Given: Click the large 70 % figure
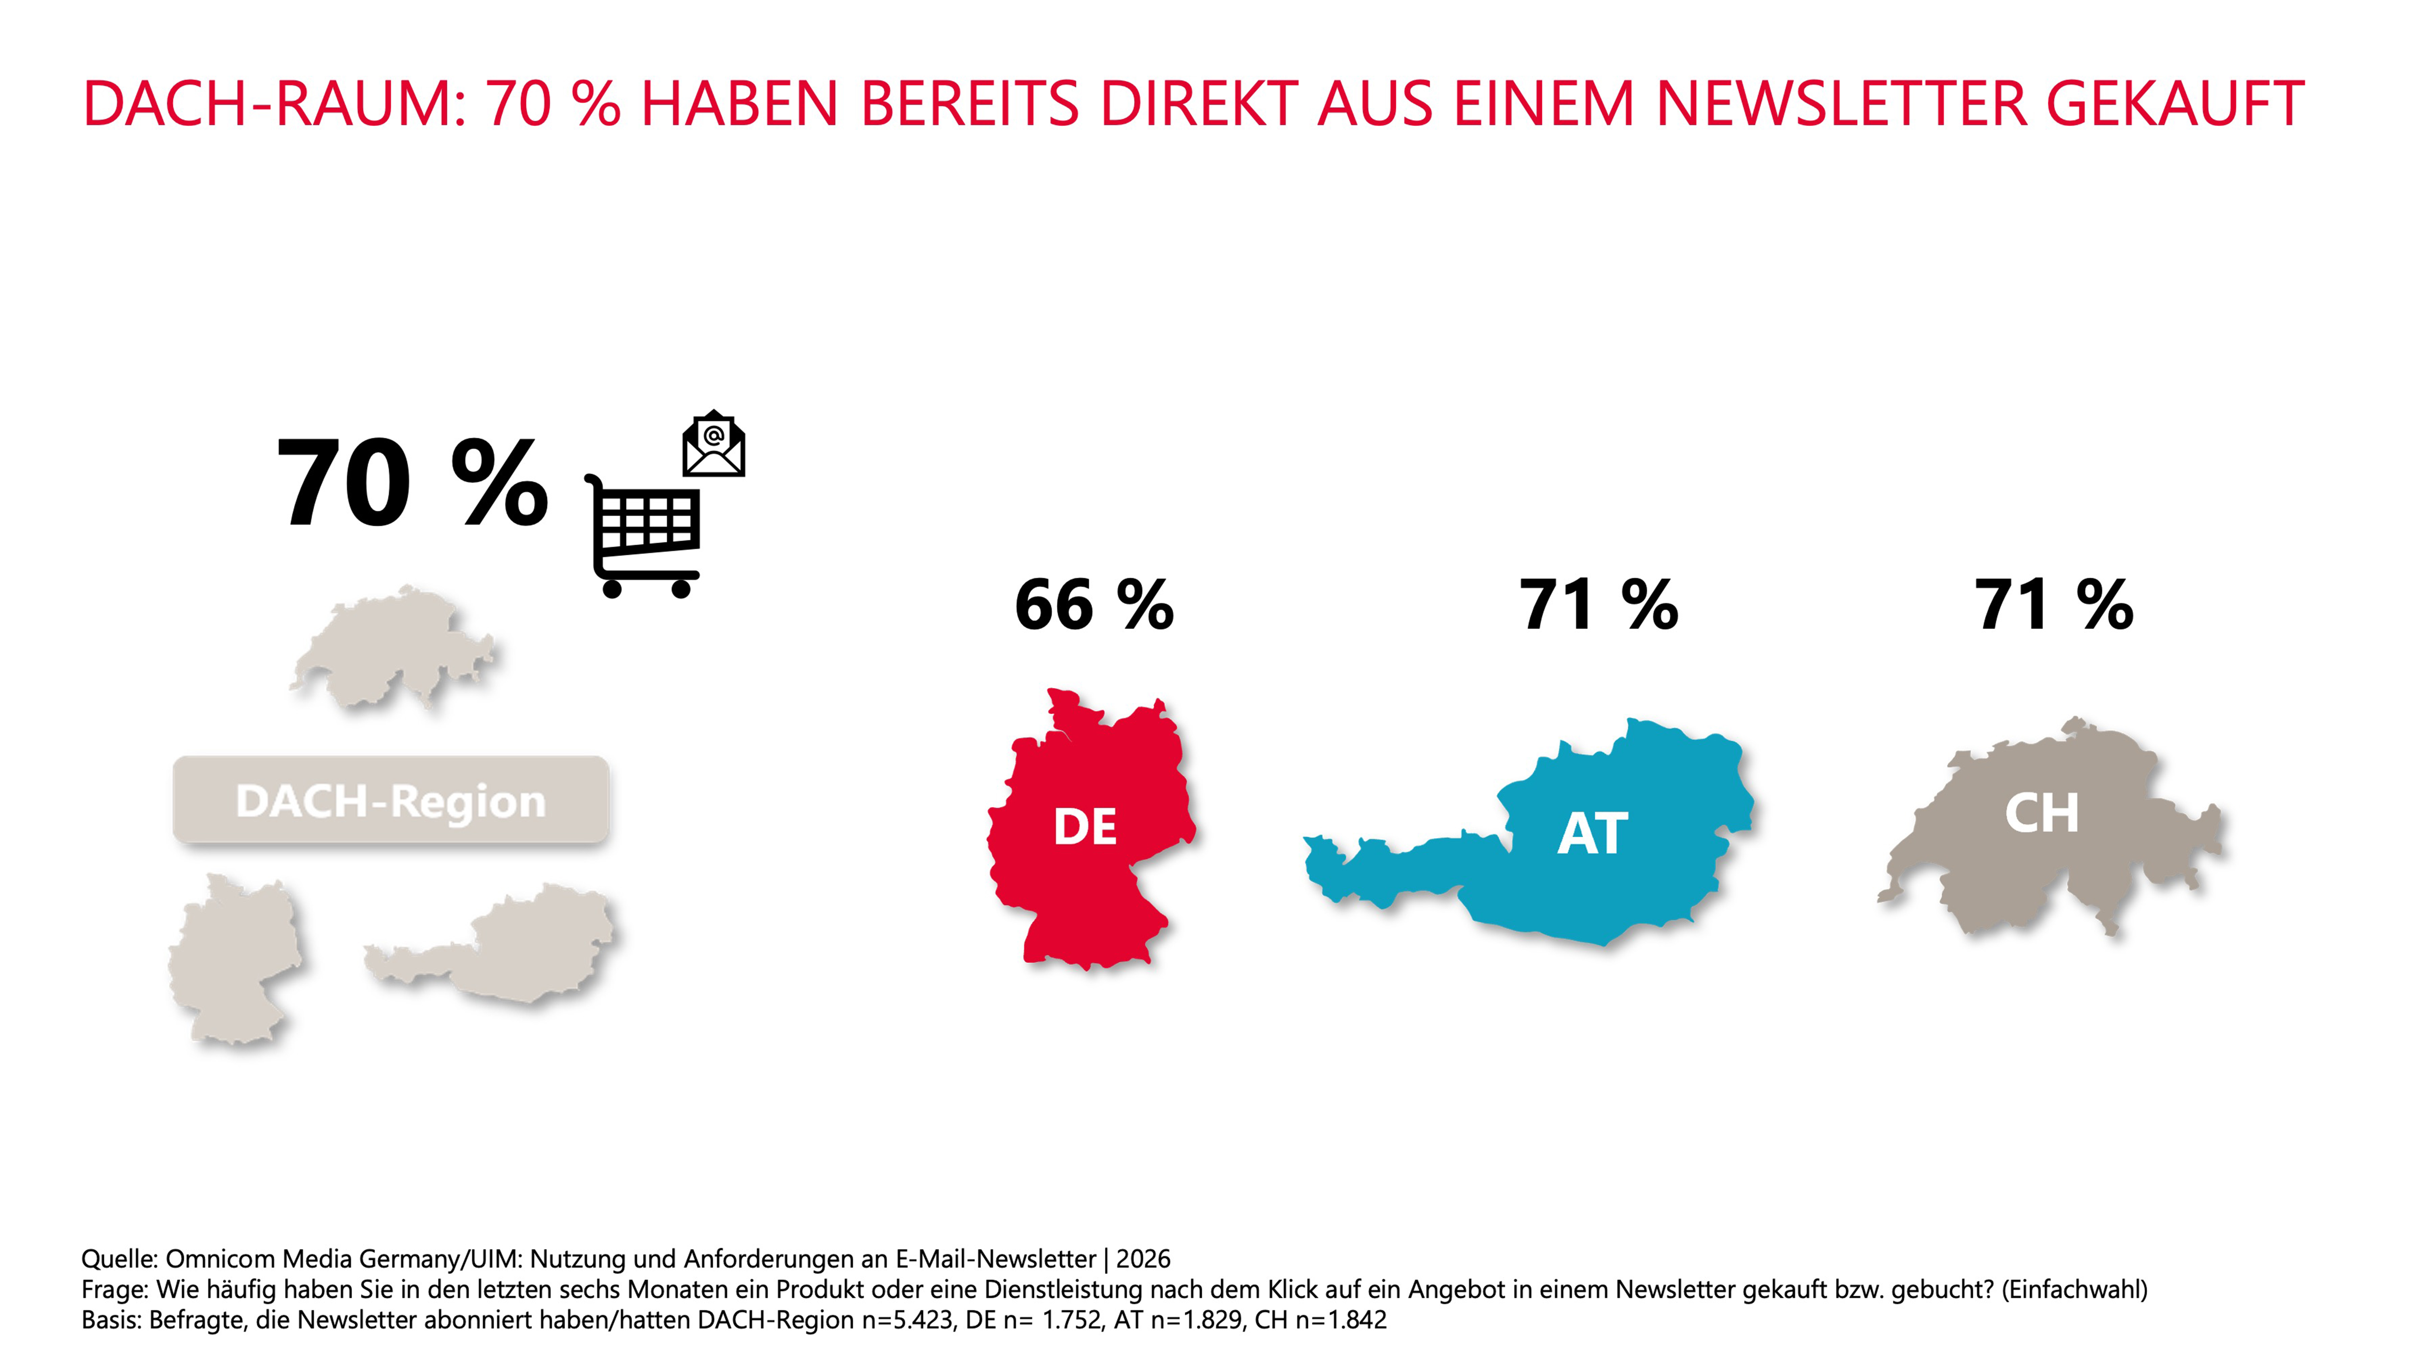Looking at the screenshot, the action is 412,484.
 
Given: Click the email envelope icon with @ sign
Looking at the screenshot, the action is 714,443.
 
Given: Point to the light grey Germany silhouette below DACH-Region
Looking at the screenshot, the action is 234,959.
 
